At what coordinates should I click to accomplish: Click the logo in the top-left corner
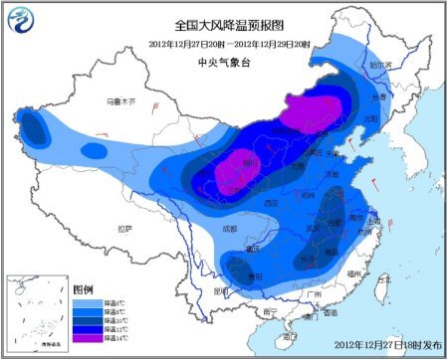[22, 20]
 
